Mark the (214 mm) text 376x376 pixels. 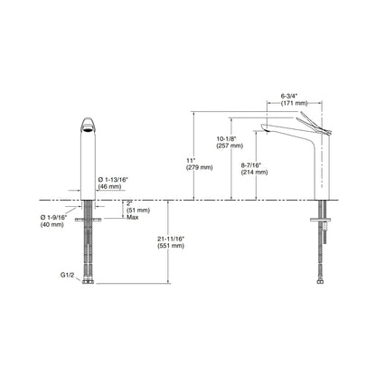[255, 172]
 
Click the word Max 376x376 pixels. [133, 218]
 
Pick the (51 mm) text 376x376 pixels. [136, 210]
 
